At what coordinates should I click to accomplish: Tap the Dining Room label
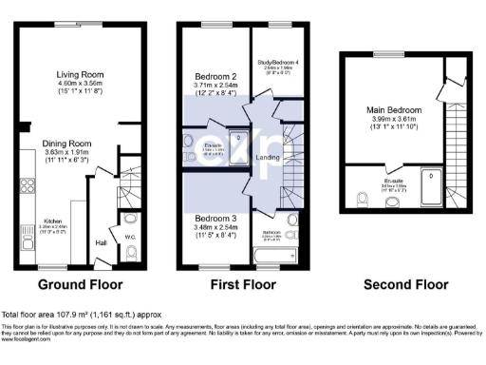(79, 144)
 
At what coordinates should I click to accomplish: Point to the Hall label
(102, 242)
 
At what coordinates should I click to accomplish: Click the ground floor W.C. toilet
(131, 252)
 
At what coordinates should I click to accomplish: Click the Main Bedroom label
(393, 110)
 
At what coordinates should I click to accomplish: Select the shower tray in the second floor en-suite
(432, 188)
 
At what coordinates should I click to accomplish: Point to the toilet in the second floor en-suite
(362, 199)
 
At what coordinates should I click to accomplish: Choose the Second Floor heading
(406, 284)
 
